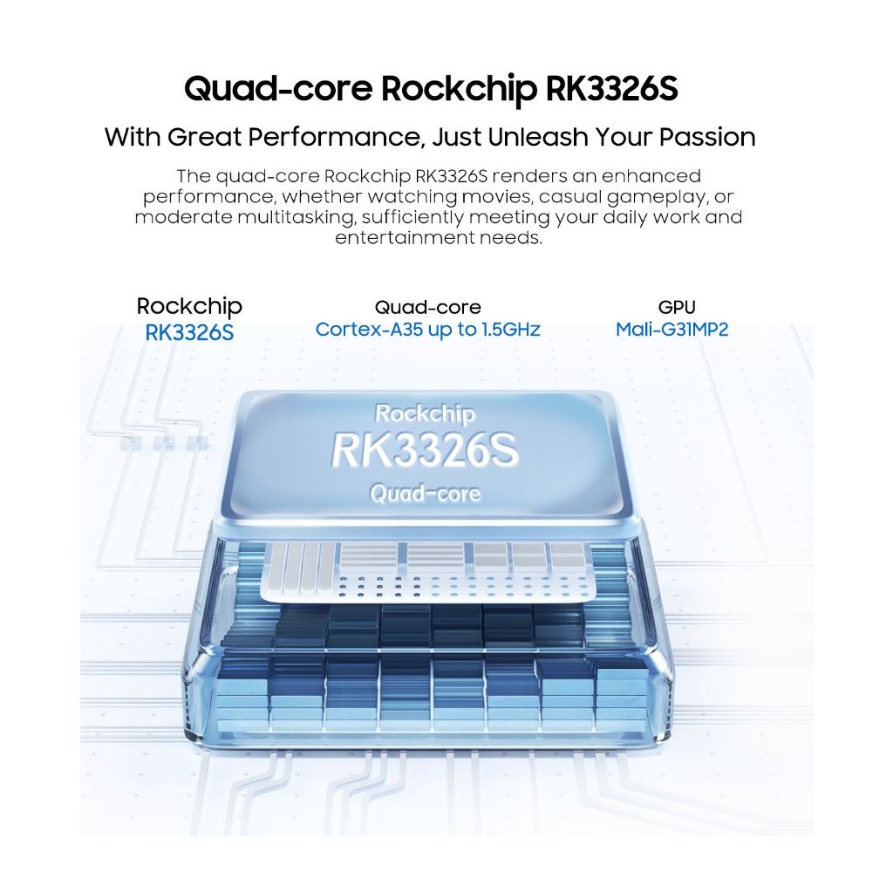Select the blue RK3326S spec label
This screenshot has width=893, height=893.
[189, 331]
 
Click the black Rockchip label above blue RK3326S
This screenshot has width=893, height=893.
[189, 307]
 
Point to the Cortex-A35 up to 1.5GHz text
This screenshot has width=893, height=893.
[427, 330]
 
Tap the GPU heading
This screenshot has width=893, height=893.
[678, 307]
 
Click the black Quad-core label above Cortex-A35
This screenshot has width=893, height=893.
[427, 307]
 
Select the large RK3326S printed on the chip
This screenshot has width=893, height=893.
[425, 451]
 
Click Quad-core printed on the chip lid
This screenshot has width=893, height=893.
[426, 494]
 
